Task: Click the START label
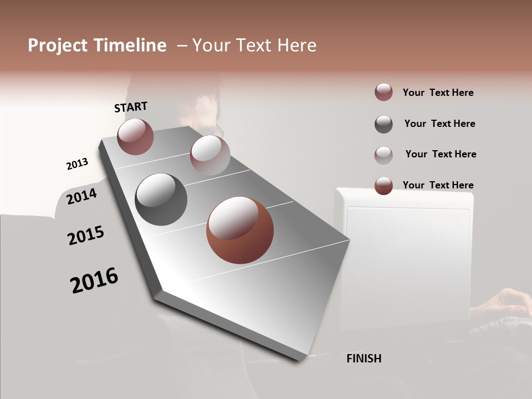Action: click(131, 107)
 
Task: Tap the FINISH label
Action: click(364, 359)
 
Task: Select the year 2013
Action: click(77, 164)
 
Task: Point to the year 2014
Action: click(82, 196)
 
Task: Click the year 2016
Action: click(94, 280)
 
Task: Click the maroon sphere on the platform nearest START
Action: click(135, 137)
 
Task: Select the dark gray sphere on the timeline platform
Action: click(161, 199)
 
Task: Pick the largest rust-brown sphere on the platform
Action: click(240, 230)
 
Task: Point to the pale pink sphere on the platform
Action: click(210, 155)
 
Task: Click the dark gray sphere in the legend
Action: click(383, 124)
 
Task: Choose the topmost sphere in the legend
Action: click(383, 93)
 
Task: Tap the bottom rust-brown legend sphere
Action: click(383, 186)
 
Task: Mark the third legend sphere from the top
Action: click(383, 155)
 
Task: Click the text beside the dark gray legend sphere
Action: click(439, 124)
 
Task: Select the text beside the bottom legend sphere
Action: click(438, 185)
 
